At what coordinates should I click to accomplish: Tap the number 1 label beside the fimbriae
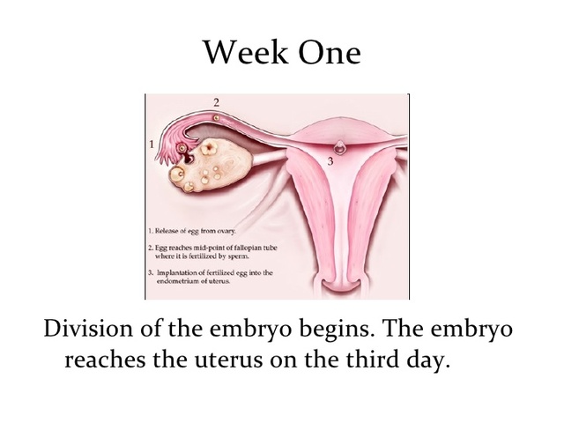(153, 142)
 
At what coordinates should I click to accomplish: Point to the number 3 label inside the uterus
(330, 161)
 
